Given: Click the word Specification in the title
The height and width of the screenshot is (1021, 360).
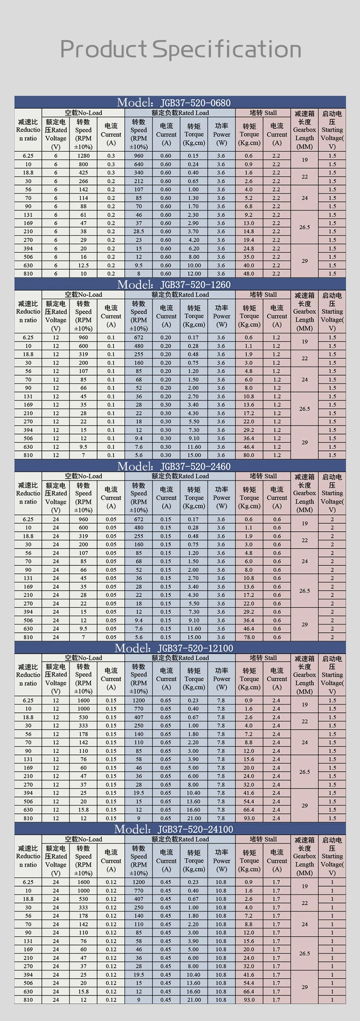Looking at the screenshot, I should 227,50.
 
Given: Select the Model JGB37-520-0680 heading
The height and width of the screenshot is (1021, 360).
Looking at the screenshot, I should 174,103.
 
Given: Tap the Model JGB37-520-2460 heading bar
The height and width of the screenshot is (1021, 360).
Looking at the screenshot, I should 174,466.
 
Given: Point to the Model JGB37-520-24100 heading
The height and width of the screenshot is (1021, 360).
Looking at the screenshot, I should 174,829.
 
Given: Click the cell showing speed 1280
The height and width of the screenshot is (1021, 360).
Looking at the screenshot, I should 83,156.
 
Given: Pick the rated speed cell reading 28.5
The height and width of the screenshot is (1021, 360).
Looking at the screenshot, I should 138,231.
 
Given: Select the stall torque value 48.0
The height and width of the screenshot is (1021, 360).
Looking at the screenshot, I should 249,273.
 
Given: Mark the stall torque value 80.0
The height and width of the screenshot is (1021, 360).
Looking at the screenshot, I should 249,455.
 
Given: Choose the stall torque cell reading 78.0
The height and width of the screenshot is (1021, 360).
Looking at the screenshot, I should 249,637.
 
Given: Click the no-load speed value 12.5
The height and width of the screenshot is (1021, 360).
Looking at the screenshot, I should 83,265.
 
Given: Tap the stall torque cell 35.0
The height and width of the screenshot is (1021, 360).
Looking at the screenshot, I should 249,257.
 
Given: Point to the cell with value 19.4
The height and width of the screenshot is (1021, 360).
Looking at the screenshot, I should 249,240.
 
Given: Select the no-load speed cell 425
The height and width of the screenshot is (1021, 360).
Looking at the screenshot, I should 83,173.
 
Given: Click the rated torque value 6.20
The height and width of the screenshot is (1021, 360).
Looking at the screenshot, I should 194,248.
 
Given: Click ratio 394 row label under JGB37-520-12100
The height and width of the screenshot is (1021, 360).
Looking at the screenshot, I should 28,793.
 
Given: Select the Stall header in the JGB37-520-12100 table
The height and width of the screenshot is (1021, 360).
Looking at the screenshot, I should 263,657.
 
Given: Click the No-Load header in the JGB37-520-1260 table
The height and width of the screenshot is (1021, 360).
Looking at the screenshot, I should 83,295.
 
